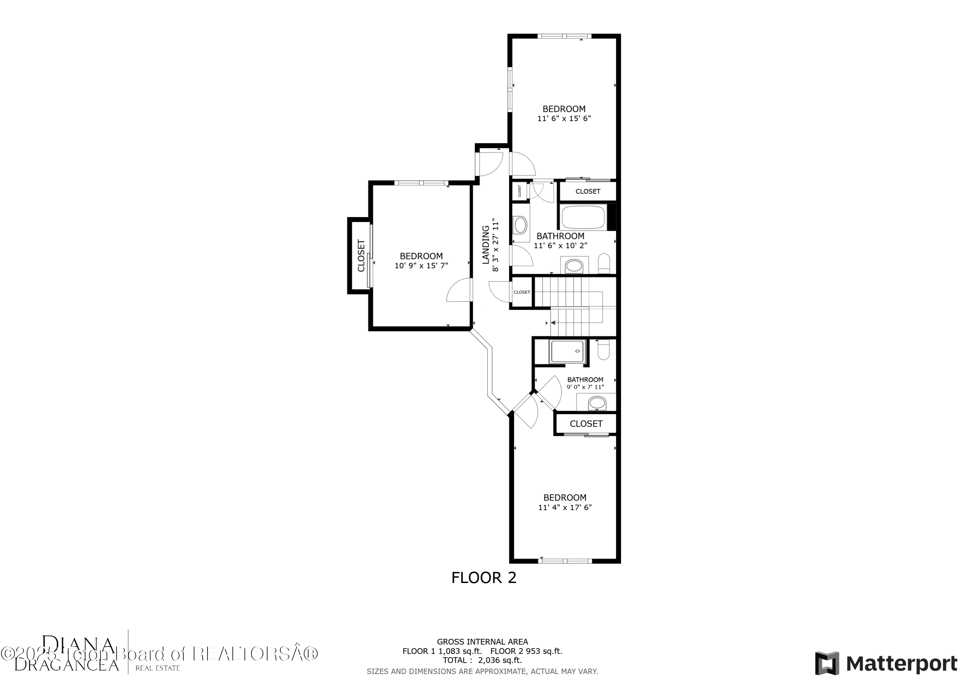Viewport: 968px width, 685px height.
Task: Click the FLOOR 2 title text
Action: tap(484, 577)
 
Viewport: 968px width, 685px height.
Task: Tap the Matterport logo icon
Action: tap(827, 663)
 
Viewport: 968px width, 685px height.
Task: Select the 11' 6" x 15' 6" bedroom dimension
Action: tap(564, 119)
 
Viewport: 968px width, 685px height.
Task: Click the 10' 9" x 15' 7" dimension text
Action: tap(421, 266)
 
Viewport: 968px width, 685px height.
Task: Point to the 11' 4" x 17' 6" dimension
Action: tap(565, 508)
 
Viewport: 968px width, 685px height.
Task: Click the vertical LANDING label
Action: tap(486, 245)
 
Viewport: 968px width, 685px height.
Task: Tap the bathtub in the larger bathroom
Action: tap(583, 217)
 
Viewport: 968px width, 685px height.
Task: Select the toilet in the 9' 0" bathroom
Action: tap(603, 350)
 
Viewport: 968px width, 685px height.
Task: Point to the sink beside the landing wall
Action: tap(520, 225)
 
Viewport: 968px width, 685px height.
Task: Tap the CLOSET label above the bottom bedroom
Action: tap(586, 424)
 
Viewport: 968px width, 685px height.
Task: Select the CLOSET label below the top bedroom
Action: tap(588, 192)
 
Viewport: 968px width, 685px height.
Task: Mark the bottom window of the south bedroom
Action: tap(565, 561)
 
